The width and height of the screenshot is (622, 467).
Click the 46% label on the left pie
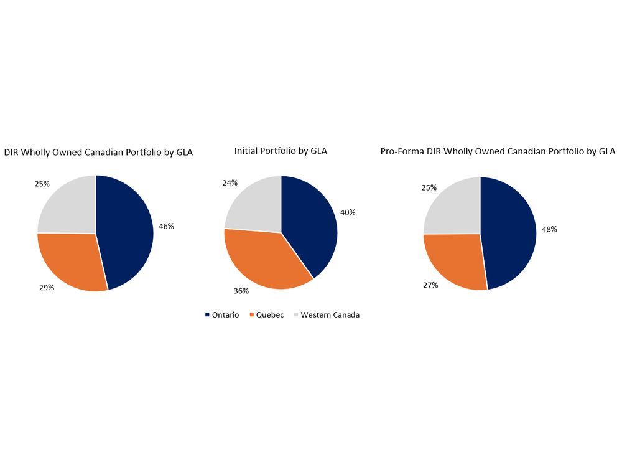tap(166, 227)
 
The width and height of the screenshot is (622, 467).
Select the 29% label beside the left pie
tap(47, 288)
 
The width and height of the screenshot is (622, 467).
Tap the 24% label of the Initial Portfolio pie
tap(230, 183)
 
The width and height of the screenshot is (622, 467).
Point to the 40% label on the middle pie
tap(348, 212)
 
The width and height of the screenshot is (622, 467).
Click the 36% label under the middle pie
tap(241, 291)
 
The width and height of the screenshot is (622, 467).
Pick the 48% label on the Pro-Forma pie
tap(549, 229)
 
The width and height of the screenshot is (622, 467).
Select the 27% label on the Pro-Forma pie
tap(430, 285)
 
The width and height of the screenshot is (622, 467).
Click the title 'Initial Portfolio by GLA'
tap(281, 151)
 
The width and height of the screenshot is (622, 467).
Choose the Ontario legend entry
tap(222, 315)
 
